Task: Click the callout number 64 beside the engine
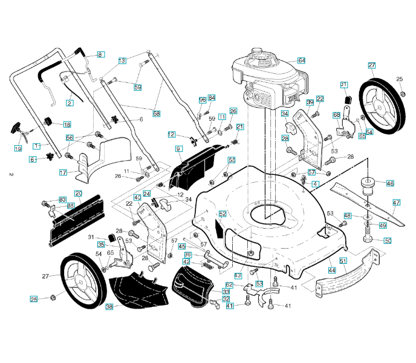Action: point(301,60)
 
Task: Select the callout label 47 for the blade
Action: point(397,202)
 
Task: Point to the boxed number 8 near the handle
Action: point(100,54)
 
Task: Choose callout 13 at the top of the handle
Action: point(122,60)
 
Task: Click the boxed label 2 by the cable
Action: point(70,103)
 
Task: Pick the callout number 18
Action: point(67,124)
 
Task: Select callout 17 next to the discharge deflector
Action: point(63,172)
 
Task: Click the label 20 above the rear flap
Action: point(78,193)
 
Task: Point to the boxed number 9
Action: point(178,148)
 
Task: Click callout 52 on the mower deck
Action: point(223,214)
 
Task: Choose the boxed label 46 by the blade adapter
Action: point(390,183)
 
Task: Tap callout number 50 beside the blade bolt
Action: point(388,240)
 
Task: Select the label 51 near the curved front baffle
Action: point(343,261)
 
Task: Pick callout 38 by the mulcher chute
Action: point(109,307)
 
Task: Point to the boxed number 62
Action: point(229,284)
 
